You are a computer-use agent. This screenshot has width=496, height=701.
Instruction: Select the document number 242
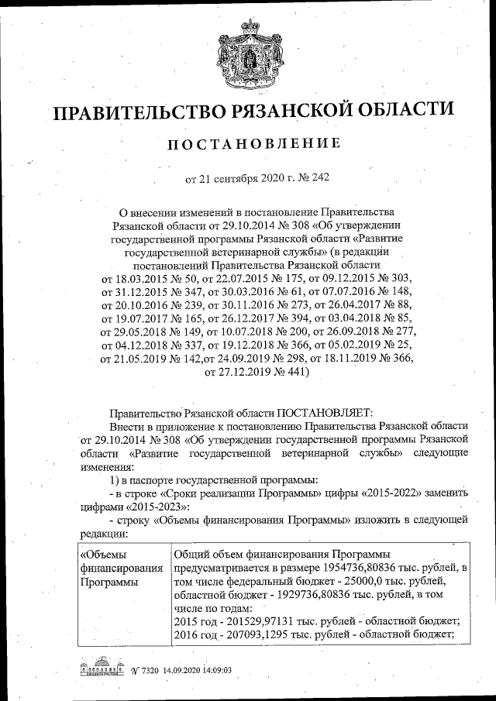point(319,178)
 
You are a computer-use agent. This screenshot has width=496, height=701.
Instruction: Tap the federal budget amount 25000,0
point(370,581)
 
